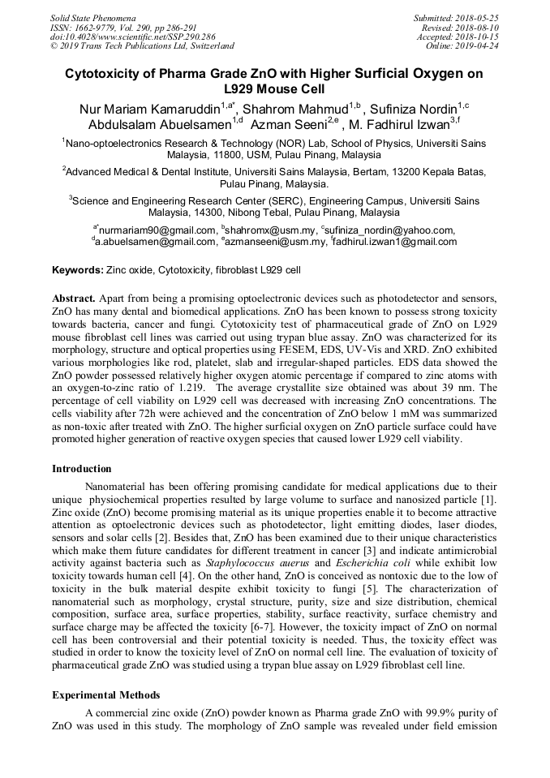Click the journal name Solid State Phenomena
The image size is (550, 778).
tap(92, 18)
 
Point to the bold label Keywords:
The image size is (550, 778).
tap(78, 269)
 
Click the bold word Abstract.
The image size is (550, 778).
tap(74, 298)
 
